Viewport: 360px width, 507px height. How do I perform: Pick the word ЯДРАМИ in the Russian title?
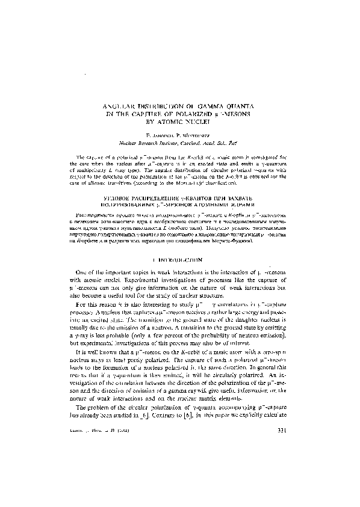[x=235, y=204]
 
